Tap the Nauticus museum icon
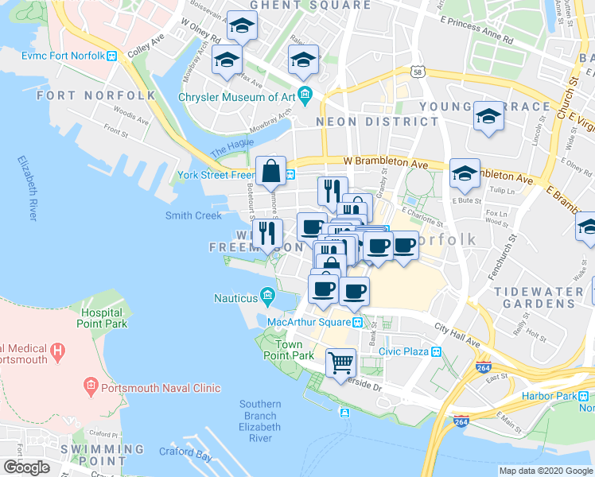[x=267, y=298]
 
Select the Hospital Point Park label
[x=102, y=319]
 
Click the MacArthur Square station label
[x=309, y=322]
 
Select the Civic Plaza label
[x=403, y=351]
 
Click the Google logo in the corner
[x=26, y=467]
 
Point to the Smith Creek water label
[x=192, y=215]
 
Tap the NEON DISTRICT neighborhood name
[x=377, y=122]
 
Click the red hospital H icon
[x=56, y=350]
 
